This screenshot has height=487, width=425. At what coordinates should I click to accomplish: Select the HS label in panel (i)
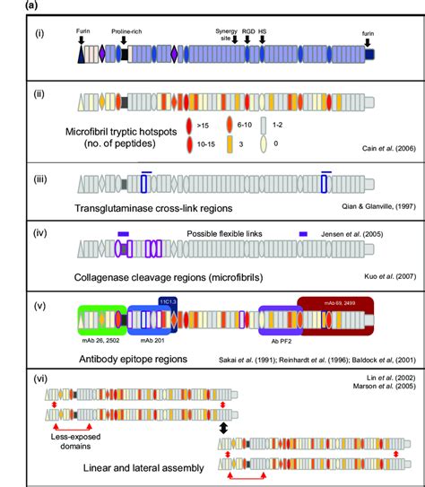262,30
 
